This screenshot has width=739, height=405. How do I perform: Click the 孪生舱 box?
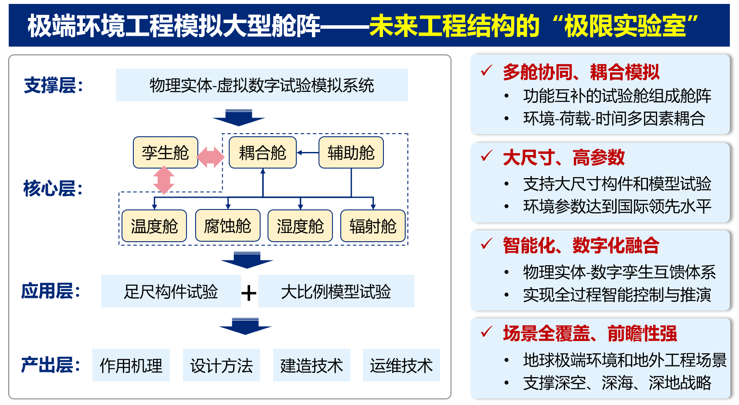166,152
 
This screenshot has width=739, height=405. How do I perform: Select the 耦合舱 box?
262,152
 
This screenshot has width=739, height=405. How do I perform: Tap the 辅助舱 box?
351,152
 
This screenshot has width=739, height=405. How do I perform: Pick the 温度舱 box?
154,226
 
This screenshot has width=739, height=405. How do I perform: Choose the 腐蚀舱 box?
227,226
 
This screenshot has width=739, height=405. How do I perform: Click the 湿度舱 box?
300,226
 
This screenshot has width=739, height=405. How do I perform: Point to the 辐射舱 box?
373,226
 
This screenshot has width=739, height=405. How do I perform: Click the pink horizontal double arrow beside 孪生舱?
210,157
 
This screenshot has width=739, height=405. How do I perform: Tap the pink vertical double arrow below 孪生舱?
164,179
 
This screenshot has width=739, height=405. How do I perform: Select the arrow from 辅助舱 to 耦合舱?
308,153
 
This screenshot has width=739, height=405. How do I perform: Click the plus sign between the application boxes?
249,293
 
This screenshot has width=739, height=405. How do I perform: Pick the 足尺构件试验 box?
171,291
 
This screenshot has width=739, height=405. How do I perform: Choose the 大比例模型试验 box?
336,291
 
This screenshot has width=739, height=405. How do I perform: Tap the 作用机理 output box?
131,365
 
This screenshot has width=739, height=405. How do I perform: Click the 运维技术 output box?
401,365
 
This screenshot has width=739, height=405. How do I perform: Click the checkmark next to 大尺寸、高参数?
486,156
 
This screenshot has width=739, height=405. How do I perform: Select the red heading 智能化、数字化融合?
581,245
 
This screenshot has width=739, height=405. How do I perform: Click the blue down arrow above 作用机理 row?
245,326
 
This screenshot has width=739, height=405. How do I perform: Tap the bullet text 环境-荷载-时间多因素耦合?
614,118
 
